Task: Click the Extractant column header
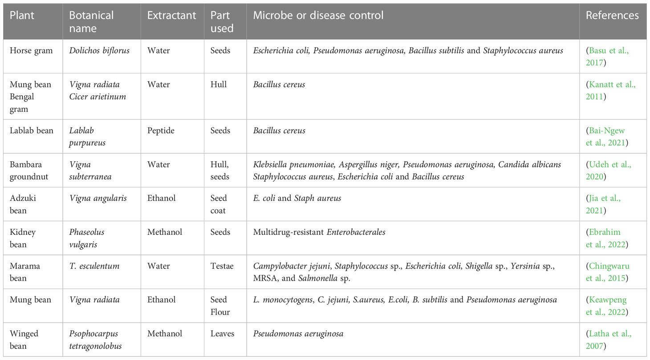pos(171,15)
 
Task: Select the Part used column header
pos(222,21)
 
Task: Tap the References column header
pos(612,15)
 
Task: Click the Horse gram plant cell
pos(31,50)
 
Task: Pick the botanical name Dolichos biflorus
pos(99,50)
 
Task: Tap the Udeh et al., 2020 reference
pos(608,171)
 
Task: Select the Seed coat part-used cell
pos(219,204)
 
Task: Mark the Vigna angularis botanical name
pos(97,198)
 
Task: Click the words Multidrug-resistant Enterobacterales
pos(318,232)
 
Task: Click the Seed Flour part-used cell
pos(220,306)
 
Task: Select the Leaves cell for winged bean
pos(222,334)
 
